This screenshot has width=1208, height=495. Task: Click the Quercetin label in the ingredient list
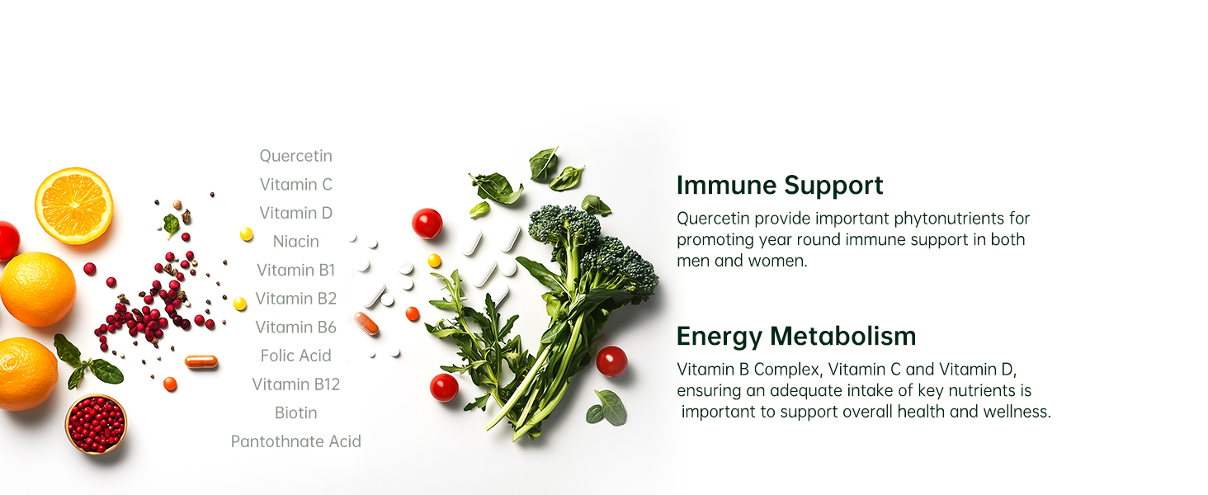295,157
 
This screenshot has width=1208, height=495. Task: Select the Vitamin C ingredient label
295,185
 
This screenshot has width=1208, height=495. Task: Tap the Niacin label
295,241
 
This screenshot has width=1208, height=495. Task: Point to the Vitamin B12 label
295,384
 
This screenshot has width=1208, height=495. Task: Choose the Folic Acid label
295,356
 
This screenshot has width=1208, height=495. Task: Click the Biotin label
295,412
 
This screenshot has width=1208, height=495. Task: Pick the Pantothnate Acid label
295,441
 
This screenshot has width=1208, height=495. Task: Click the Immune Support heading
779,186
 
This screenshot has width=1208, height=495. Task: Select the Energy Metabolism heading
796,336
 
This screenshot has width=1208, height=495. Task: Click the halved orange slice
74,205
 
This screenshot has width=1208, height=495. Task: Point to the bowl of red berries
96,424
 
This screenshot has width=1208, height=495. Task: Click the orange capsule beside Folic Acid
201,361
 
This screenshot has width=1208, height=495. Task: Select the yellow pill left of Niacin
247,234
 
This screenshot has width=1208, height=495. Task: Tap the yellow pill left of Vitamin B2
240,304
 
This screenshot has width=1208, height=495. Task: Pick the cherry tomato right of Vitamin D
427,224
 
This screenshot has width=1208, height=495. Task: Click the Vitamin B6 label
295,327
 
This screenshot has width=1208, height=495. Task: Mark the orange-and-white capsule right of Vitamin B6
366,323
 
